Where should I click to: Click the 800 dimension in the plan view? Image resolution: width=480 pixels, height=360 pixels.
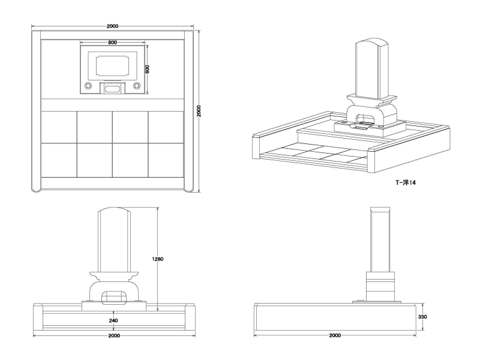click(x=113, y=43)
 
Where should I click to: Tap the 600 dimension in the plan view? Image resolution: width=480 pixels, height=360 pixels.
click(x=147, y=68)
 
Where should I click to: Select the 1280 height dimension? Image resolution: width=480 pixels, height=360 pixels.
click(x=158, y=259)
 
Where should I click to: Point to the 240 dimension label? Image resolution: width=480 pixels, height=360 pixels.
click(x=113, y=320)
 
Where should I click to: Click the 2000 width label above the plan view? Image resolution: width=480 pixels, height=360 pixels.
click(x=112, y=26)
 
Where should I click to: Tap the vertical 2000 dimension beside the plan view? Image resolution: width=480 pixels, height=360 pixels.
click(x=199, y=111)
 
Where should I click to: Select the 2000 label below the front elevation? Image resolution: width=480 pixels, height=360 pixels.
click(x=113, y=335)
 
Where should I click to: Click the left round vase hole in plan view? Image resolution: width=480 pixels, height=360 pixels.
click(x=88, y=87)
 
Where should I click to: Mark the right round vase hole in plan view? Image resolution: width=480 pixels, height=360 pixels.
click(x=136, y=87)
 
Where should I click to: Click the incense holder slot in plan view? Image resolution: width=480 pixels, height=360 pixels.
click(x=112, y=89)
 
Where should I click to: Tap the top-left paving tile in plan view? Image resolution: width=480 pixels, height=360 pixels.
click(x=59, y=127)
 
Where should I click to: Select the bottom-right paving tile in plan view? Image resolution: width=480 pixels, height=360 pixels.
click(x=166, y=160)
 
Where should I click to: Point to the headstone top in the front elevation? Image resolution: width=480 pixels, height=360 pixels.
click(x=114, y=213)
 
